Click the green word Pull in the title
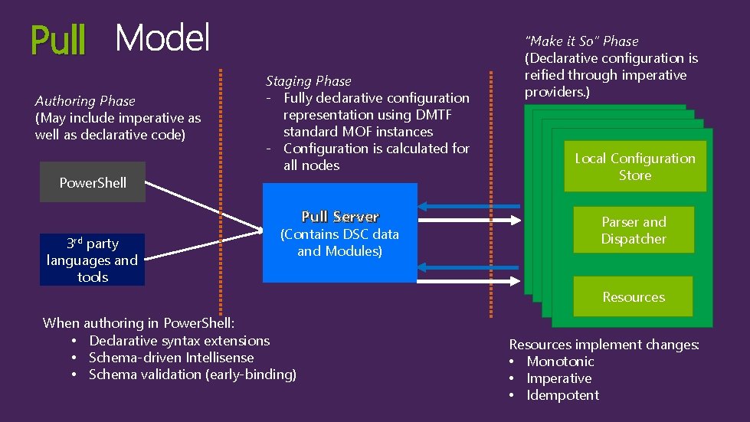click(x=58, y=40)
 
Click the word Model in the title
click(x=162, y=38)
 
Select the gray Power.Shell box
click(x=93, y=182)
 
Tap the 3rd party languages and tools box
click(x=92, y=260)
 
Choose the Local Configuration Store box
click(x=634, y=166)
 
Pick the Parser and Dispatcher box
click(x=634, y=230)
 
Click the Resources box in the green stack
click(x=634, y=296)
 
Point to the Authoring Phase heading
click(x=85, y=101)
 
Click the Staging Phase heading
click(x=308, y=81)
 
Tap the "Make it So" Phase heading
click(x=581, y=41)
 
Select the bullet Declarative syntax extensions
click(x=179, y=340)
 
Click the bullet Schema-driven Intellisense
click(x=171, y=357)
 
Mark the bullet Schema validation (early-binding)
click(x=192, y=374)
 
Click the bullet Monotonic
click(x=560, y=361)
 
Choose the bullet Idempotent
click(x=562, y=395)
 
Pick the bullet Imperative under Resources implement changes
click(x=558, y=378)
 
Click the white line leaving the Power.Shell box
click(x=199, y=204)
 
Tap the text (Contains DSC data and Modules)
click(x=339, y=243)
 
